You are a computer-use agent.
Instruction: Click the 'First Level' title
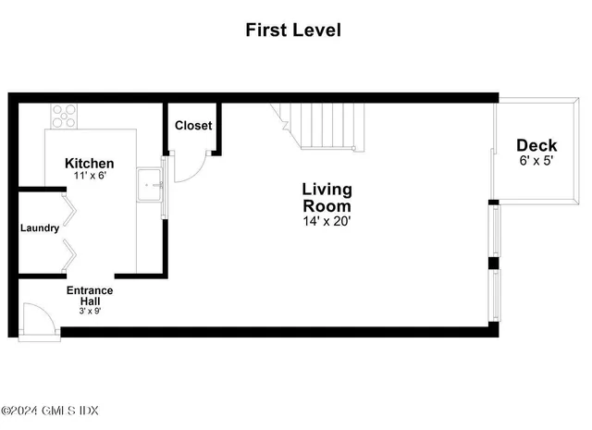[292, 31]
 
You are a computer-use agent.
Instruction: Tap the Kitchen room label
[90, 163]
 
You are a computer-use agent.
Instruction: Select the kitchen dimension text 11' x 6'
[90, 176]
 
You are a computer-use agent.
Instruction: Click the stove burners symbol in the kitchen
[64, 116]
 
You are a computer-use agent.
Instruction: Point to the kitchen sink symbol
[149, 184]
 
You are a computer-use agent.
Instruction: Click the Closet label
[193, 125]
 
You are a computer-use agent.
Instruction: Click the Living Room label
[327, 197]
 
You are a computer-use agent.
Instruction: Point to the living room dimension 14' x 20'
[327, 221]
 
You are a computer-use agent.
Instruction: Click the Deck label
[536, 145]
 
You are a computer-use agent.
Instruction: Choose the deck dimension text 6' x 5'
[536, 160]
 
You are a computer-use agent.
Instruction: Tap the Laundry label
[40, 227]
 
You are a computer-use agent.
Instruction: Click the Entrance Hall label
[90, 296]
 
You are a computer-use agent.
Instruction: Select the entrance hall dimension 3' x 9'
[90, 311]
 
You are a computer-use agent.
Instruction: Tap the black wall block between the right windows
[493, 263]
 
